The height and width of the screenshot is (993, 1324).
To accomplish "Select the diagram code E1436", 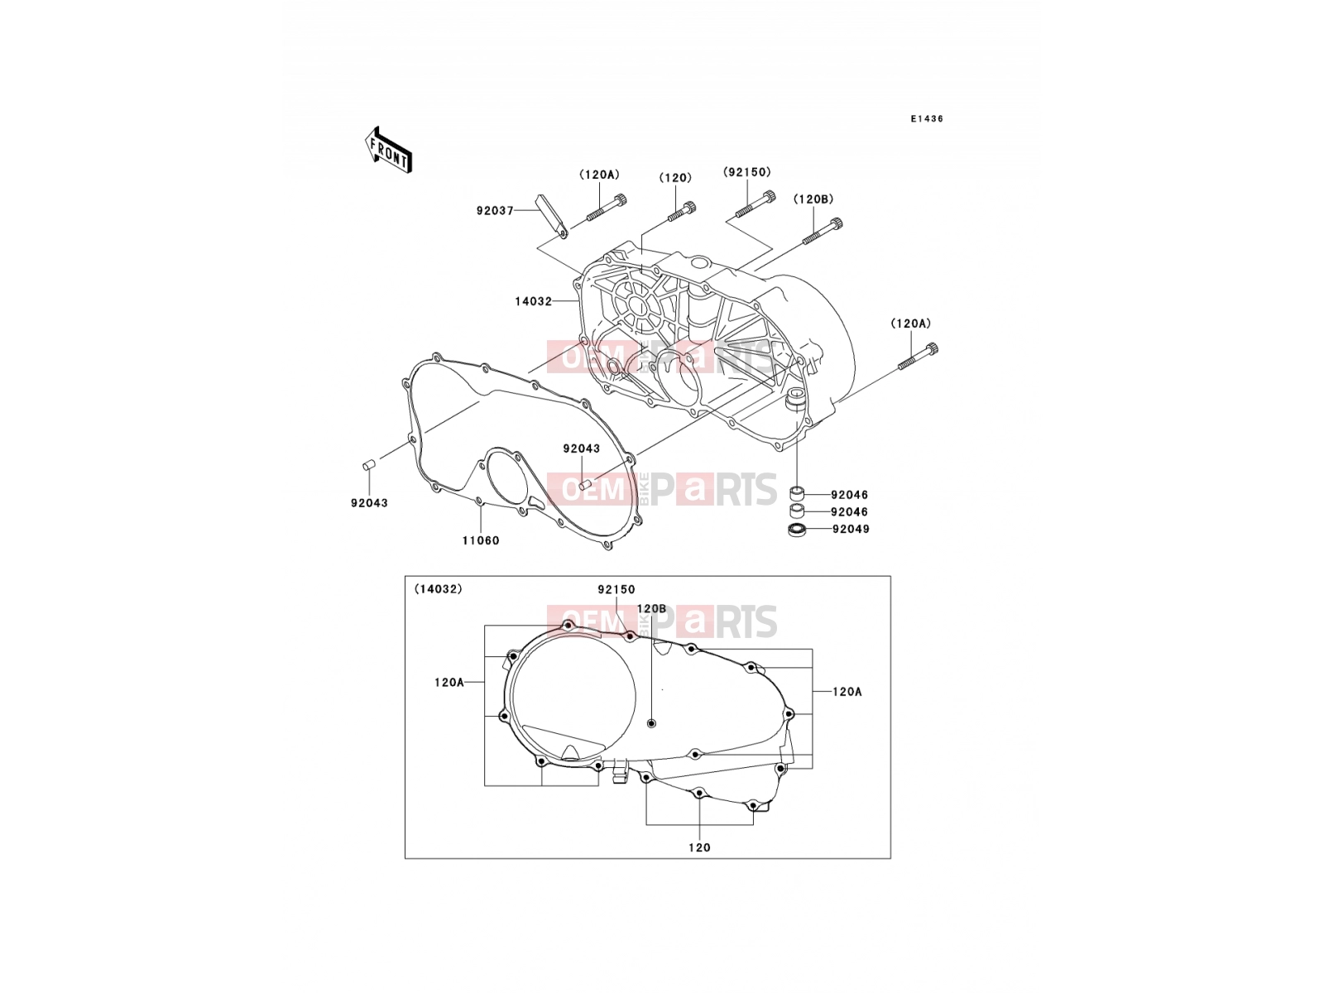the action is pos(927,119).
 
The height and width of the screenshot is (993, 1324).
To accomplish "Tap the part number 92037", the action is pos(495,210).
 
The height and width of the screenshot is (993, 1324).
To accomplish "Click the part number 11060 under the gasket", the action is pos(481,541).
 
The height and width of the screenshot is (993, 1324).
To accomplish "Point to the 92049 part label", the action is pos(851,529).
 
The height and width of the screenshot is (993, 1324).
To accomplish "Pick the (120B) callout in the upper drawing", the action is pos(813,199).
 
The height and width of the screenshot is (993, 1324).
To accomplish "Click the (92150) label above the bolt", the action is pos(747,172).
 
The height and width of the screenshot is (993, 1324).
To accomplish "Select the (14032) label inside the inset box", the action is pos(438,588).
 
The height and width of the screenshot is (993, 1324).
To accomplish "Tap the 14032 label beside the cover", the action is pos(533,301).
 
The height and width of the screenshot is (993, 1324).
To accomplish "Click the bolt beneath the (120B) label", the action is pos(823,232).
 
